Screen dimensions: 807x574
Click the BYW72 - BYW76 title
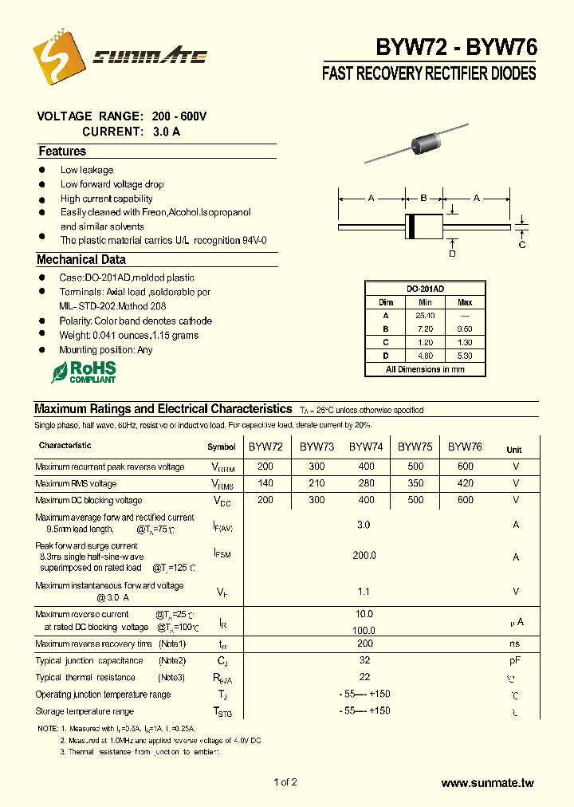(457, 47)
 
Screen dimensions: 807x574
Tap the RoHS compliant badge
(84, 372)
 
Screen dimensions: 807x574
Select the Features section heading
(61, 152)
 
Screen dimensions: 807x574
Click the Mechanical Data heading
(81, 260)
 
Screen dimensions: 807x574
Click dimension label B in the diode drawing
(424, 197)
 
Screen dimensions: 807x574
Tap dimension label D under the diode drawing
(452, 254)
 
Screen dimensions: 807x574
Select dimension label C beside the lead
(522, 245)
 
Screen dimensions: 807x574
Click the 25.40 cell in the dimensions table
(425, 315)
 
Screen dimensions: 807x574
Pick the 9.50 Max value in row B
(465, 329)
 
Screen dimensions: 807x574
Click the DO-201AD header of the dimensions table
(425, 289)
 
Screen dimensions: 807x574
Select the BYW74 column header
(366, 447)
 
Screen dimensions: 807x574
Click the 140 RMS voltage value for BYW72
(265, 483)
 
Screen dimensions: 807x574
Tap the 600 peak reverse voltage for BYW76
(465, 466)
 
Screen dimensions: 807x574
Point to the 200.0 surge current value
(364, 555)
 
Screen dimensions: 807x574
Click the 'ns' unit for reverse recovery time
(515, 644)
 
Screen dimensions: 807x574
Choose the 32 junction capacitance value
(364, 660)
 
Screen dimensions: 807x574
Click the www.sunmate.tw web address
(486, 784)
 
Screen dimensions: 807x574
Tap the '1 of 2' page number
(285, 782)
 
